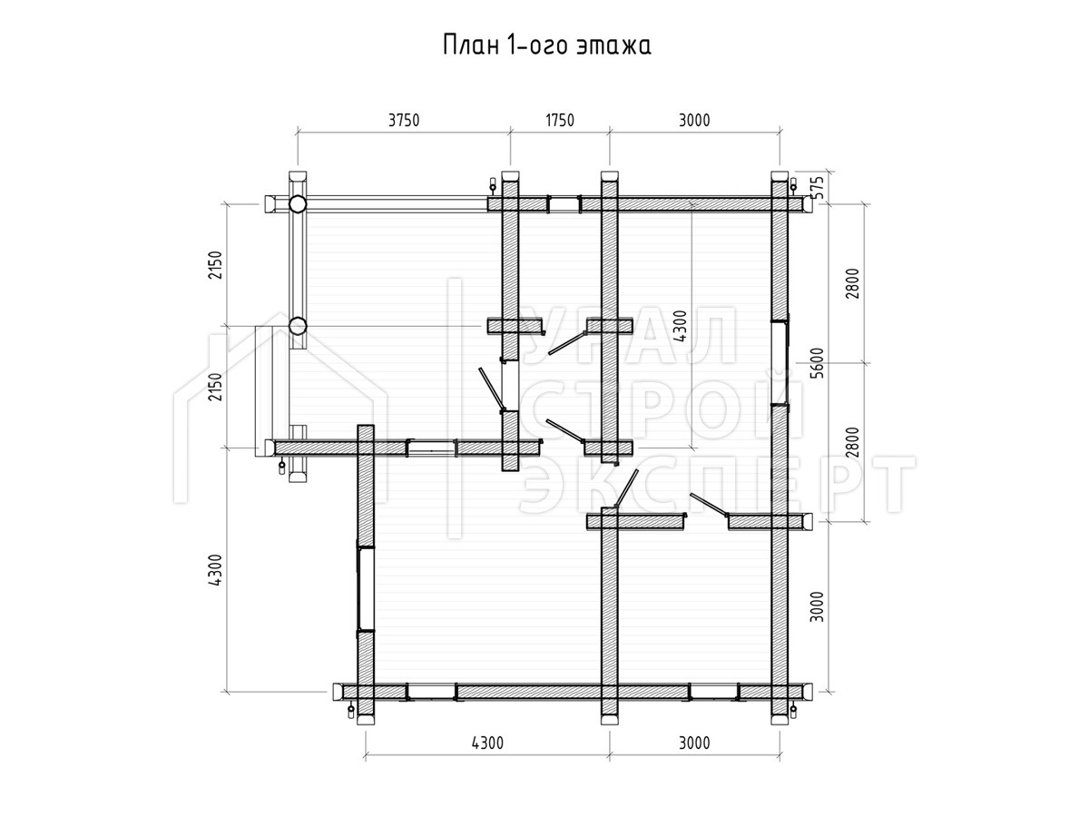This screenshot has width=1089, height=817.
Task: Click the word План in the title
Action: [x=470, y=46]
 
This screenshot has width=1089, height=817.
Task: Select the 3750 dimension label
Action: [x=403, y=121]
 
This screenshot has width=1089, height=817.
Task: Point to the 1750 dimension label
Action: [x=560, y=121]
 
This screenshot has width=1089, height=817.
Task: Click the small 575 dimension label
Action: [x=819, y=188]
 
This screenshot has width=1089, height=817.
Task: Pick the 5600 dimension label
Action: [x=819, y=362]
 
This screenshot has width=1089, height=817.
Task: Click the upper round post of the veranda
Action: [x=297, y=204]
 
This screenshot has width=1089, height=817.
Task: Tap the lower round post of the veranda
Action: [x=297, y=326]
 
